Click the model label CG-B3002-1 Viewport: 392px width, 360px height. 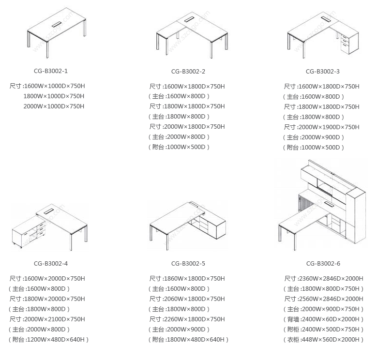[x=50, y=71]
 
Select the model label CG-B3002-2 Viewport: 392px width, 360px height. [x=188, y=72]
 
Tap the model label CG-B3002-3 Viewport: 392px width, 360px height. [x=323, y=72]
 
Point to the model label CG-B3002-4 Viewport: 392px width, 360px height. [x=50, y=264]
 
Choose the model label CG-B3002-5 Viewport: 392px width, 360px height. [x=188, y=264]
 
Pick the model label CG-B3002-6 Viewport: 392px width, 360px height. [x=323, y=264]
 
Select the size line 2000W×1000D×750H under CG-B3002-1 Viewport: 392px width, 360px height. [x=54, y=106]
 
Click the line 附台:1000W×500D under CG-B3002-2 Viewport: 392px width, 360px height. [x=179, y=147]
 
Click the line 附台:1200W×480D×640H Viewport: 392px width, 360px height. [x=48, y=340]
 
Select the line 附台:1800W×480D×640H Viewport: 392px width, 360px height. [x=188, y=340]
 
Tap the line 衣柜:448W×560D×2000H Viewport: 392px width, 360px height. [x=323, y=340]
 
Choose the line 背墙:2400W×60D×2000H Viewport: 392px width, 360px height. [x=323, y=319]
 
